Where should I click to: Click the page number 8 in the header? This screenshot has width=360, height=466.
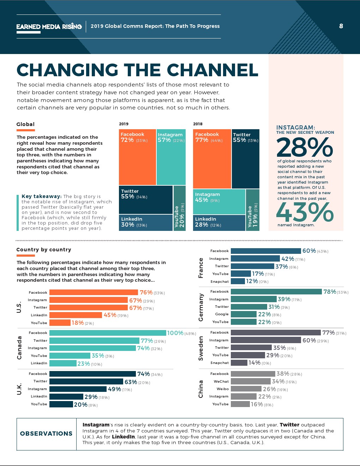[x=341, y=26]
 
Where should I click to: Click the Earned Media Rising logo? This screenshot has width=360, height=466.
[x=49, y=26]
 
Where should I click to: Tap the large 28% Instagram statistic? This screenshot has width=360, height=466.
[x=305, y=148]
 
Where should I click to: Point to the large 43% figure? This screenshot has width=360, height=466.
[x=305, y=213]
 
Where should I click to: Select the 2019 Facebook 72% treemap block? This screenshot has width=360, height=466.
[x=137, y=157]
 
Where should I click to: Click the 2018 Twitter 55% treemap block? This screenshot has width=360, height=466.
[x=245, y=159]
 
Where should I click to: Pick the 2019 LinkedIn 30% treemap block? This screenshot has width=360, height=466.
[x=145, y=222]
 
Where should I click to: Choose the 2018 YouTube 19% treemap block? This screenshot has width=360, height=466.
[x=252, y=210]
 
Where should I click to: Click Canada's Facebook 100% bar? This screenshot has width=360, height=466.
[x=108, y=333]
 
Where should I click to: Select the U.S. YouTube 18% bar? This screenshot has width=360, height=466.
[x=60, y=323]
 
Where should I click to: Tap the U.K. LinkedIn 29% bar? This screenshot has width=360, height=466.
[x=66, y=396]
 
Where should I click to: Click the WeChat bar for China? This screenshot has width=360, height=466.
[x=251, y=381]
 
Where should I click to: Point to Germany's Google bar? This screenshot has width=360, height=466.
[x=244, y=314]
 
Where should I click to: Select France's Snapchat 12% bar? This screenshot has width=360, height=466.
[x=238, y=281]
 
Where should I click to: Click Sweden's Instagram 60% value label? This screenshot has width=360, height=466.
[x=309, y=340]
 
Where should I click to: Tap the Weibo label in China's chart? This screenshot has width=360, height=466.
[x=223, y=389]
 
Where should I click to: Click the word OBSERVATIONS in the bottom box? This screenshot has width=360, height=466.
[x=46, y=434]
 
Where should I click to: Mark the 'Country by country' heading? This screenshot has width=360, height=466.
[x=44, y=250]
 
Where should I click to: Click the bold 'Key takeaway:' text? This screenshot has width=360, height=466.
[x=42, y=196]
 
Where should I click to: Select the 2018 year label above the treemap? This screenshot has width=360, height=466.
[x=198, y=124]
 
